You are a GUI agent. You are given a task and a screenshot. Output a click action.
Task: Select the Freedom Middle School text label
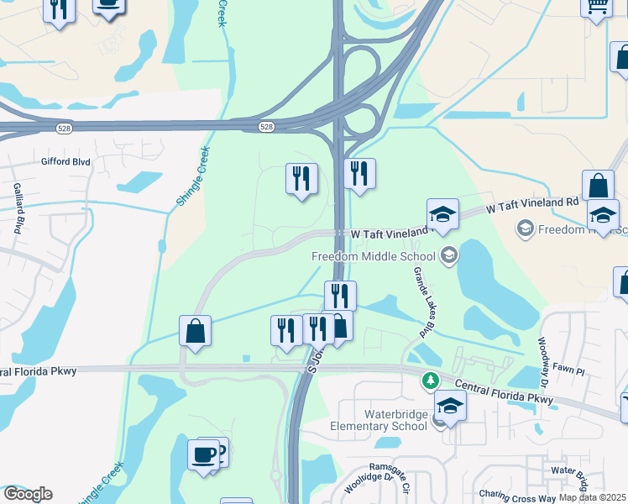(373, 256)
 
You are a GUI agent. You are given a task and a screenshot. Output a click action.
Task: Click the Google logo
(27, 494)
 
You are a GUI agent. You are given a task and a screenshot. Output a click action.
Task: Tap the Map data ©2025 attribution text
(593, 497)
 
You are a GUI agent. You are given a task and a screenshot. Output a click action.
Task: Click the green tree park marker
(432, 381)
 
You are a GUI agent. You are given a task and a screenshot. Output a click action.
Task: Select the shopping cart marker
(597, 7)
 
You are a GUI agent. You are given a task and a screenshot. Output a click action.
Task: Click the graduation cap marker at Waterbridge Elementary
(451, 407)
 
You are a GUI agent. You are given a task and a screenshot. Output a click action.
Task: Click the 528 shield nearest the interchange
(266, 127)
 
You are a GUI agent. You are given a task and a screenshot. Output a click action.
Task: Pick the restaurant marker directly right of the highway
(359, 174)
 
